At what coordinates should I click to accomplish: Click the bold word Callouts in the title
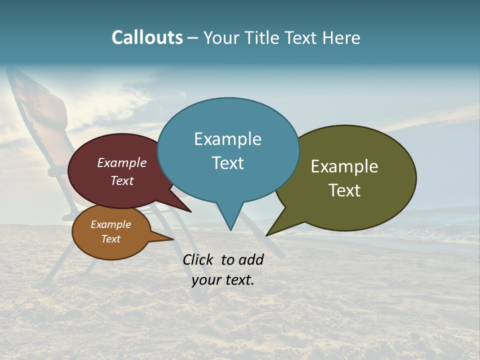(x=147, y=37)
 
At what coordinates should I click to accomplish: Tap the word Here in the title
(x=341, y=37)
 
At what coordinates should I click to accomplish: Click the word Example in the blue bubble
(x=227, y=139)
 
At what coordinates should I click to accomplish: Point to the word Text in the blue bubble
(x=227, y=163)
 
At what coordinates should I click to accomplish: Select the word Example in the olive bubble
(x=344, y=166)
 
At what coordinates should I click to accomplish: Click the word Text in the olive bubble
(x=344, y=190)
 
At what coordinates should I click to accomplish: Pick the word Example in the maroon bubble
(x=122, y=162)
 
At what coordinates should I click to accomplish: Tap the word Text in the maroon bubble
(x=122, y=180)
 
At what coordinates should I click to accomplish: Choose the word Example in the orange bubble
(x=110, y=224)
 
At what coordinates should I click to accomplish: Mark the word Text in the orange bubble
(x=110, y=239)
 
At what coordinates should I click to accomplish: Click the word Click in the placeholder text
(x=197, y=259)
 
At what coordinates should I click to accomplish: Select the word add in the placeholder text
(x=251, y=259)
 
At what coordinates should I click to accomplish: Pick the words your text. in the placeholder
(x=223, y=280)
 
